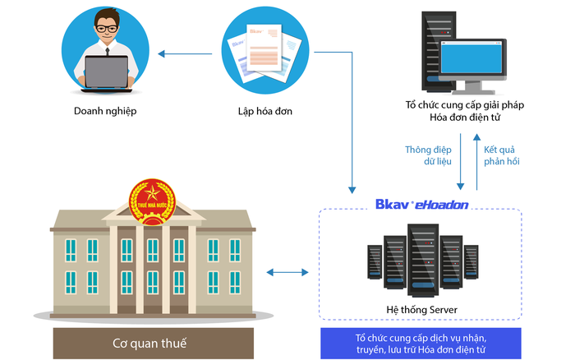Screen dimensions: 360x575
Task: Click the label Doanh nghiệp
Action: click(x=104, y=111)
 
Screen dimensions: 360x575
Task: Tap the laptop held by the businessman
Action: click(x=106, y=72)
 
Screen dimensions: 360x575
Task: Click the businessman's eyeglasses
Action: click(x=106, y=29)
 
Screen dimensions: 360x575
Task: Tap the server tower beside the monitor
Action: click(x=431, y=50)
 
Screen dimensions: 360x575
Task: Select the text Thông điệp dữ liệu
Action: click(x=427, y=155)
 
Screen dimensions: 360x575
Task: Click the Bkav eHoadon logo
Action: click(x=421, y=203)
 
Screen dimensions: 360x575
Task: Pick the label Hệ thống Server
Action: click(x=421, y=309)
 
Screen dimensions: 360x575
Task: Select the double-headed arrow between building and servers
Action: click(x=287, y=270)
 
